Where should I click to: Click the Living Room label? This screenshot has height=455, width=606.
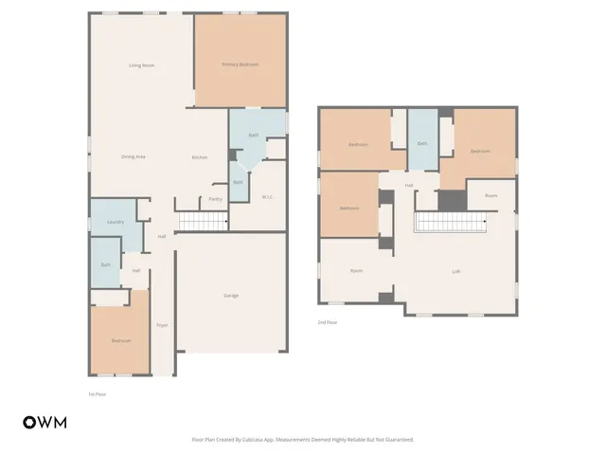142,64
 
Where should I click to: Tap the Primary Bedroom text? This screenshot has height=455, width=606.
241,64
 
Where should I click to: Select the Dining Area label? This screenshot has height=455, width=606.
133,156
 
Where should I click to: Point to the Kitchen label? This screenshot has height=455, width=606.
200,157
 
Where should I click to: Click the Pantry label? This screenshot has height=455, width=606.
215,199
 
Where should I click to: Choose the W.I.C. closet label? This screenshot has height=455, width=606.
268,197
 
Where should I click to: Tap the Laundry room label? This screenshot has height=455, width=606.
116,222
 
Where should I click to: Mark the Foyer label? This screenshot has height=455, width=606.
162,324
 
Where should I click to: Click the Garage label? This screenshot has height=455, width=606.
231,296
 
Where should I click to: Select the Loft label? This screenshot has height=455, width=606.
456,272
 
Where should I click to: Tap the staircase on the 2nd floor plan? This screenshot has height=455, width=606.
451,222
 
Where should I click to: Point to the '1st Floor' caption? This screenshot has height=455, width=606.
98,393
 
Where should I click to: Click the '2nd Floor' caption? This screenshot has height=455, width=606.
328,323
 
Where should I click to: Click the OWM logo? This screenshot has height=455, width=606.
45,423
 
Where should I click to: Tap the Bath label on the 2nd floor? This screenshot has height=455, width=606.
422,143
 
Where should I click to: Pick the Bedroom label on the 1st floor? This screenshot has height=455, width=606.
120,340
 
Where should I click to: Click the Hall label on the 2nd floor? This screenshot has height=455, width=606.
409,185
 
